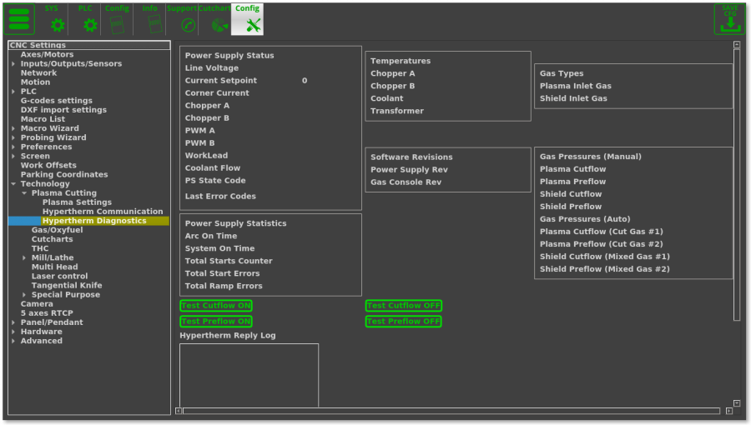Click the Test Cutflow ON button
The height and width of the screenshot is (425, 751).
pyautogui.click(x=216, y=306)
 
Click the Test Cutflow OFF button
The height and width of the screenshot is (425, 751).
pyautogui.click(x=404, y=306)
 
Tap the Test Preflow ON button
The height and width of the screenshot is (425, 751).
pyautogui.click(x=216, y=322)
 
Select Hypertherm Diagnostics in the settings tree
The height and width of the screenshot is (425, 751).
pyautogui.click(x=93, y=221)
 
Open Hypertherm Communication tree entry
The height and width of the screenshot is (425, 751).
pyautogui.click(x=102, y=212)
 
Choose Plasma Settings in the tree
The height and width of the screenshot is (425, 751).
pyautogui.click(x=77, y=202)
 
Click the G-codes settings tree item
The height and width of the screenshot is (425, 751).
pyautogui.click(x=56, y=101)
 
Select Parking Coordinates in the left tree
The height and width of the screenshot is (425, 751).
pyautogui.click(x=63, y=175)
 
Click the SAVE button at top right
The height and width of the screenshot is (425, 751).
pyautogui.click(x=728, y=18)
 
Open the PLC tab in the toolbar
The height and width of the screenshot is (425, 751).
pyautogui.click(x=87, y=19)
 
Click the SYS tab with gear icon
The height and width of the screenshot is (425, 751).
pyautogui.click(x=53, y=19)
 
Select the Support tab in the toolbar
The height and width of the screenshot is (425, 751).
pyautogui.click(x=183, y=19)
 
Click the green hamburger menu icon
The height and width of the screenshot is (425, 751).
pyautogui.click(x=18, y=18)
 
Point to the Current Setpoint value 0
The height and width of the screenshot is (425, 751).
pyautogui.click(x=305, y=81)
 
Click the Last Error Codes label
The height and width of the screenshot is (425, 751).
pyautogui.click(x=220, y=197)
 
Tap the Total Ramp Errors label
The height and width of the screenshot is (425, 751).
pyautogui.click(x=224, y=286)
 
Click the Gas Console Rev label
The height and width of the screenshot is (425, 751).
pyautogui.click(x=406, y=182)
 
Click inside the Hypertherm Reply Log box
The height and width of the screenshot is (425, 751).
pyautogui.click(x=249, y=375)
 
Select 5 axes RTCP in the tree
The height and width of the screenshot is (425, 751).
pyautogui.click(x=47, y=313)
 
